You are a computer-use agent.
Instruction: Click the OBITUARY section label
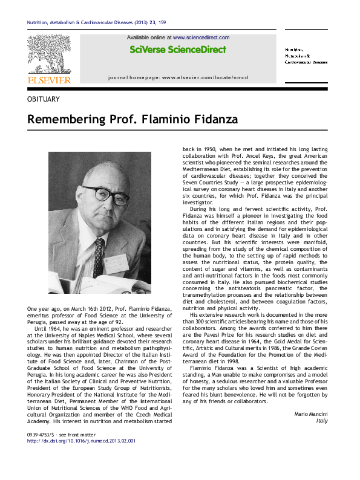click(x=43, y=99)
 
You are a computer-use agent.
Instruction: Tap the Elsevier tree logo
click(x=48, y=55)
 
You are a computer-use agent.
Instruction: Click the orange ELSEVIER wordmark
click(x=48, y=79)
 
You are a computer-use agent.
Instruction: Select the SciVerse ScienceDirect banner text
click(x=178, y=50)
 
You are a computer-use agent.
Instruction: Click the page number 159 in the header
click(x=162, y=24)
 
